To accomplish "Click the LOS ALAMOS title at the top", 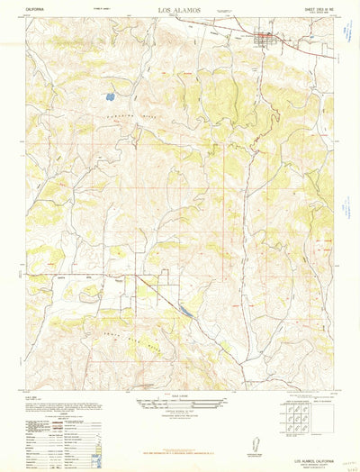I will (x=179, y=11).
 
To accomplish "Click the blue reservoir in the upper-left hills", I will (x=109, y=94).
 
